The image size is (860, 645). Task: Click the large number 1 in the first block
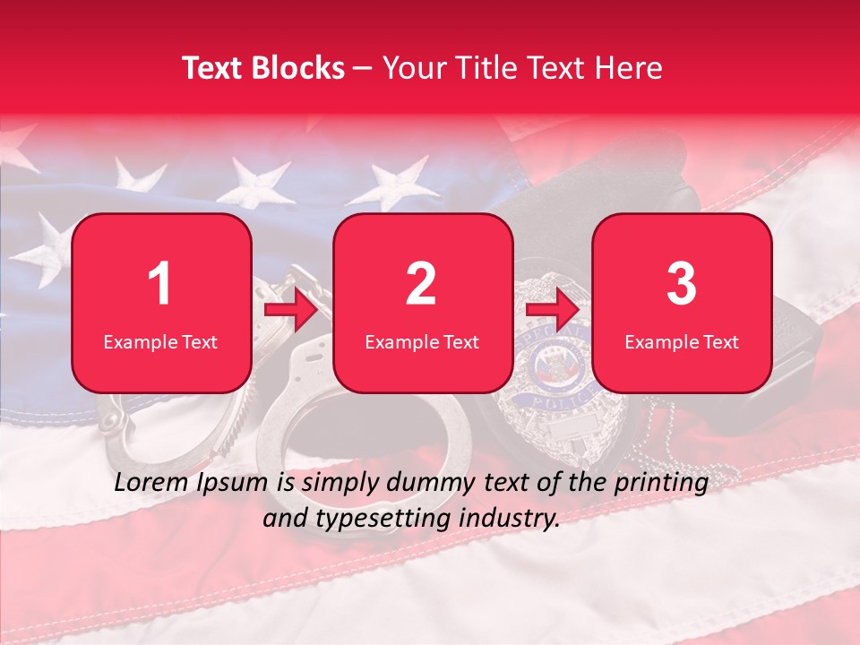(x=160, y=284)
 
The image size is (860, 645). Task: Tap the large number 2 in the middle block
(x=421, y=284)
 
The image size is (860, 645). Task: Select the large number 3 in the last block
(x=682, y=284)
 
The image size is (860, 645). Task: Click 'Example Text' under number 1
(x=160, y=341)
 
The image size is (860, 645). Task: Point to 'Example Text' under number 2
(x=422, y=341)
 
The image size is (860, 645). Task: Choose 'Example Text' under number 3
(x=682, y=341)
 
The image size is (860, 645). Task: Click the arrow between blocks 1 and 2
(x=292, y=309)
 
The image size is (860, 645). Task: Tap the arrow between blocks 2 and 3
(x=553, y=309)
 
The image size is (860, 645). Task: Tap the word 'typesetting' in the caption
(x=383, y=517)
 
